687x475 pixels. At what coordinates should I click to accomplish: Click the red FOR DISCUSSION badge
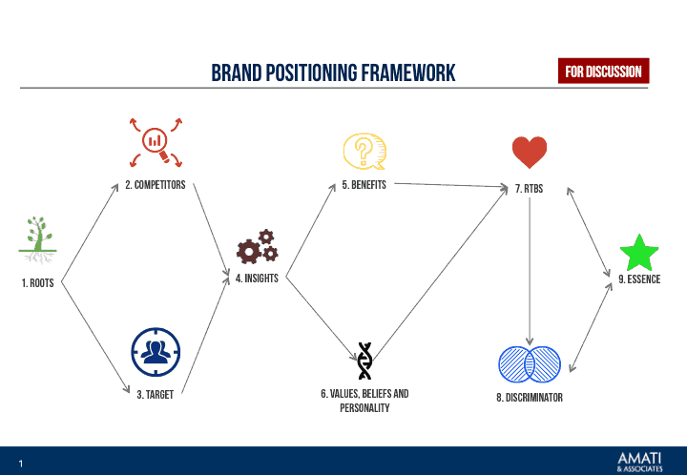coord(603,72)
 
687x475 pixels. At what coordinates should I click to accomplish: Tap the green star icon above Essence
coord(638,254)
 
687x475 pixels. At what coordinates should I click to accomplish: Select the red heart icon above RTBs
coord(529,153)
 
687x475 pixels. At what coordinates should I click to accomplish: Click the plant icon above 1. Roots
coord(36,239)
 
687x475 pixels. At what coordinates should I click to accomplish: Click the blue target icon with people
coord(156,352)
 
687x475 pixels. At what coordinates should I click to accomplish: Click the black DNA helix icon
coord(364,361)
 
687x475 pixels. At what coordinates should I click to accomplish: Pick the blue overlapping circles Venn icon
coord(529,364)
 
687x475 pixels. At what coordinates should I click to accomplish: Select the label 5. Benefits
coord(364,185)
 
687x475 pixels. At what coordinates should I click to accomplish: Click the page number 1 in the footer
coord(20,464)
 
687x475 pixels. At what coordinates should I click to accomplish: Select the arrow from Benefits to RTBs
coord(448,185)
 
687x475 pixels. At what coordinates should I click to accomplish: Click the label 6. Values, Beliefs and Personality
coord(364,401)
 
